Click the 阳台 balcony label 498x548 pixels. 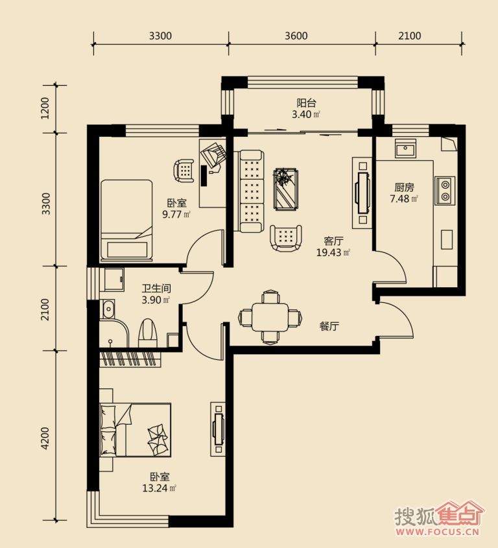[306, 103]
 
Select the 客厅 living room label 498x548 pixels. [333, 241]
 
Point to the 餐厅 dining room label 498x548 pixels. [329, 326]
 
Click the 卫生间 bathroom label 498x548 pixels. [156, 289]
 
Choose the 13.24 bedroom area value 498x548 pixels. [155, 488]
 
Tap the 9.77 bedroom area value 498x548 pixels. [172, 214]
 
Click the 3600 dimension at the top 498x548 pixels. [296, 36]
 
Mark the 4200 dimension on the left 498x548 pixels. [45, 438]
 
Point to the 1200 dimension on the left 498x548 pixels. [45, 108]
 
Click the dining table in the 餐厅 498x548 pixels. [270, 317]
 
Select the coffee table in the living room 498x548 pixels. [286, 189]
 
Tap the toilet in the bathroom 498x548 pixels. [148, 333]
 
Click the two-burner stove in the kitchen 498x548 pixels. [445, 191]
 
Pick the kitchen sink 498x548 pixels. [405, 149]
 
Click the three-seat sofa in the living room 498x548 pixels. [251, 191]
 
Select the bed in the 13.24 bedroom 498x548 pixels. [136, 430]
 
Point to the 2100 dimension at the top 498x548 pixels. [410, 36]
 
